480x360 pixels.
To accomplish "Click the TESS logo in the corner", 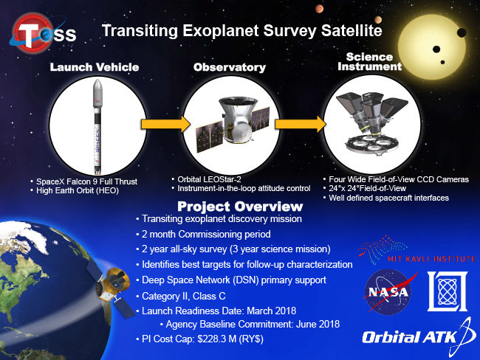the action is click(43, 32).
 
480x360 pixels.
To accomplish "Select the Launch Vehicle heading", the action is click(95, 67).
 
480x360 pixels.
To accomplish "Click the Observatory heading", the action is click(229, 67).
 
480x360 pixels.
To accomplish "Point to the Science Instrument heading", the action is click(369, 61).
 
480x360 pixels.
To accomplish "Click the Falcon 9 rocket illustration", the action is click(97, 127).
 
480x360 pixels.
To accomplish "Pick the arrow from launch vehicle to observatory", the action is click(165, 124).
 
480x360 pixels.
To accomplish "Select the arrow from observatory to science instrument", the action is click(301, 124).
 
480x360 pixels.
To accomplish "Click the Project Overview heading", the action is click(240, 207).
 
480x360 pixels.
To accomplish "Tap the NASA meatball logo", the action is click(388, 292).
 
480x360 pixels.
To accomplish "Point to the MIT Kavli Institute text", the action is click(431, 259).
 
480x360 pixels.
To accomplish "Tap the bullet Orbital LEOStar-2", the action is click(206, 179).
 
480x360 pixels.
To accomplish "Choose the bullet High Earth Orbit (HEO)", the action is click(75, 190).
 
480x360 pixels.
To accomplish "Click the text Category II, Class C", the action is click(184, 296).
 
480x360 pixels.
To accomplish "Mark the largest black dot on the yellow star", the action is click(462, 32).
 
